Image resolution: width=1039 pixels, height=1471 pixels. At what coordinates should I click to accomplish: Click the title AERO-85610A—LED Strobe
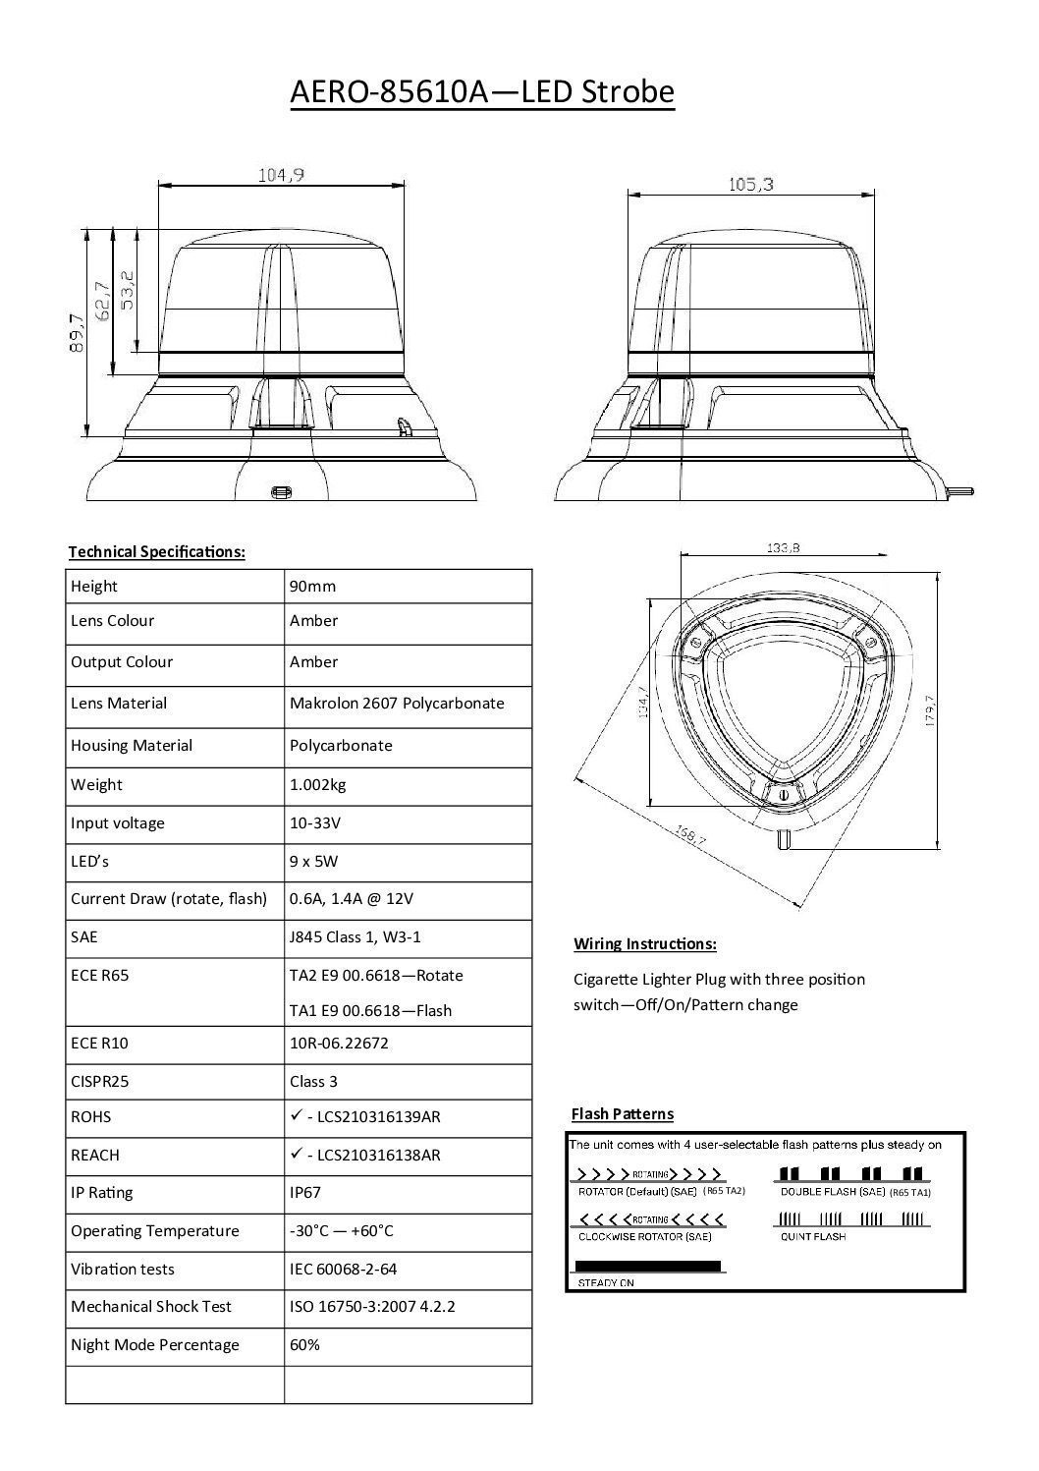[482, 92]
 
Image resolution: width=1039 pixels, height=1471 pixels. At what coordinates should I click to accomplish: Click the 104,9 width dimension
[281, 175]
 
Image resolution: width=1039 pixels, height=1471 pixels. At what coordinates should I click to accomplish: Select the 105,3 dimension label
[751, 184]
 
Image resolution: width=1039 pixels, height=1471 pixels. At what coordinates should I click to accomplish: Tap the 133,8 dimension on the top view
[782, 548]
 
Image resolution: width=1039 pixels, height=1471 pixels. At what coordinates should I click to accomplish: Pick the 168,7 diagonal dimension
[689, 835]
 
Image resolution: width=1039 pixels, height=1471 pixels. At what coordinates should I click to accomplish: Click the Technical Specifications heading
[156, 551]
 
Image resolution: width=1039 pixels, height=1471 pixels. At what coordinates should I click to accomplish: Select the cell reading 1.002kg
[317, 784]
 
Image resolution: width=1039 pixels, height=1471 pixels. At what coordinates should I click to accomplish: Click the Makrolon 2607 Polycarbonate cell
[397, 704]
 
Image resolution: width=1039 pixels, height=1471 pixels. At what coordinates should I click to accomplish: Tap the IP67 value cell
[305, 1192]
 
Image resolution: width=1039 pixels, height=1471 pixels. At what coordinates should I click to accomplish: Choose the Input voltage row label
[118, 822]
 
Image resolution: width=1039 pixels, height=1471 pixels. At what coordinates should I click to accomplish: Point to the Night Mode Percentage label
[155, 1344]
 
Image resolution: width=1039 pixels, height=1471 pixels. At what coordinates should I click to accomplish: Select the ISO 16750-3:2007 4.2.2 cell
[372, 1306]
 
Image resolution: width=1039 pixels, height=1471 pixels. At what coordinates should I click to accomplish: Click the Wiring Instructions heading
[645, 944]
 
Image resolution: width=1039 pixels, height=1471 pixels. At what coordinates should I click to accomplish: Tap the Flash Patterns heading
[623, 1113]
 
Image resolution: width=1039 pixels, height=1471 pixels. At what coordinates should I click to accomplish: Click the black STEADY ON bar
[647, 1266]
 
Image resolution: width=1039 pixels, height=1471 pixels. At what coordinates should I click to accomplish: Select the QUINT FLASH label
[812, 1236]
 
